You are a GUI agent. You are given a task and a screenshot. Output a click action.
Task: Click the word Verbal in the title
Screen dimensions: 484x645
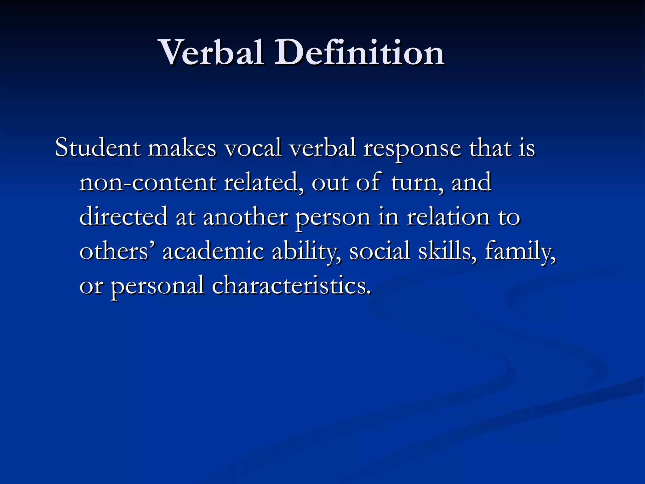point(212,52)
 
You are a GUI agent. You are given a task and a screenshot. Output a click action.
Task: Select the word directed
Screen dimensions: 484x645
point(123,217)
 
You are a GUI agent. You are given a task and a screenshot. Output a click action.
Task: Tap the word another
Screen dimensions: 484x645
point(246,217)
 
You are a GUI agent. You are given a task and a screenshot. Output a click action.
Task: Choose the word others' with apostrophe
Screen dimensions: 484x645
point(117,251)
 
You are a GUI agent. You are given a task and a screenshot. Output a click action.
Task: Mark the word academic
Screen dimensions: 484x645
point(213,251)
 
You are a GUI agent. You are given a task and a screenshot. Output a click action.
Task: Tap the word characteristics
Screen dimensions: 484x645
point(291,285)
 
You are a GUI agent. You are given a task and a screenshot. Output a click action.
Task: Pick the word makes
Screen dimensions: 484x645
point(182,147)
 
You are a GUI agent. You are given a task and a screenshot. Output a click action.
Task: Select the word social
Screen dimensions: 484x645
point(380,251)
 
